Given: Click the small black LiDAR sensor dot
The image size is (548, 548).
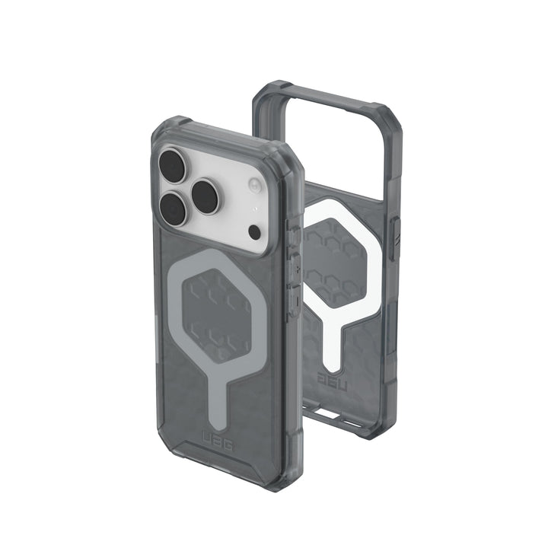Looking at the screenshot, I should click(x=254, y=231).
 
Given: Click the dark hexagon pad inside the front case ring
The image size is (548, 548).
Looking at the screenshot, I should click(x=221, y=316).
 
